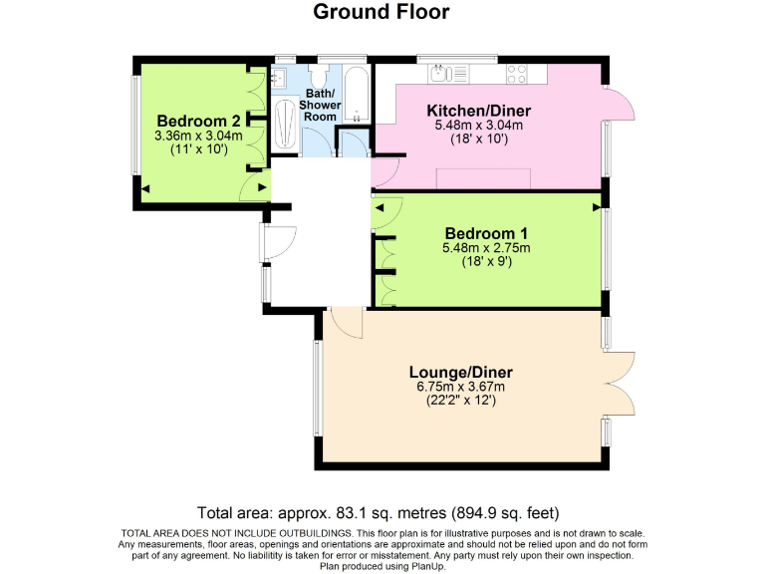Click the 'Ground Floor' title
pos(382,12)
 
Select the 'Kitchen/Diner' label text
pos(478,110)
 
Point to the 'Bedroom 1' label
pos(485,232)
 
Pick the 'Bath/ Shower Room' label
pos(321,104)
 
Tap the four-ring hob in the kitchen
pos(518,72)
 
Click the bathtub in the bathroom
pos(357,96)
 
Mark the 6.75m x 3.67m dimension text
pos(460,387)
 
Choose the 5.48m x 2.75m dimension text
pos(485,248)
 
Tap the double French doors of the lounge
pos(620,384)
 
